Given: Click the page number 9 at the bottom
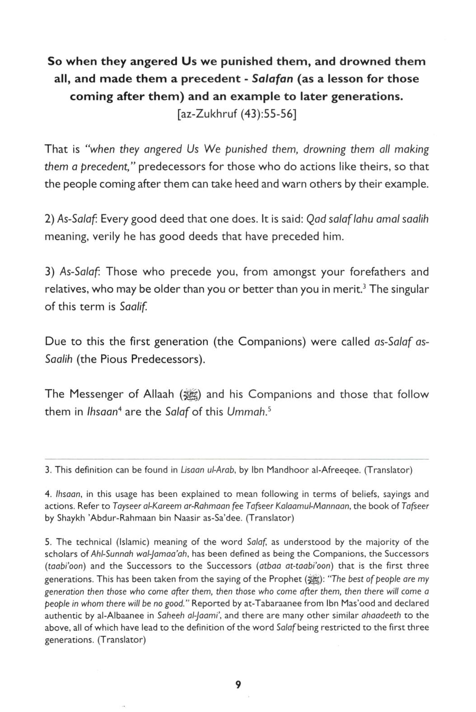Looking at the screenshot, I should click(x=238, y=685).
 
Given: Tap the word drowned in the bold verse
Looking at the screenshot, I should click(x=365, y=61).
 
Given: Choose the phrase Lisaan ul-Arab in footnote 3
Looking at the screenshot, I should click(x=208, y=470).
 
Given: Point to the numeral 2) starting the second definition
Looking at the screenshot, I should click(x=49, y=220).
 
